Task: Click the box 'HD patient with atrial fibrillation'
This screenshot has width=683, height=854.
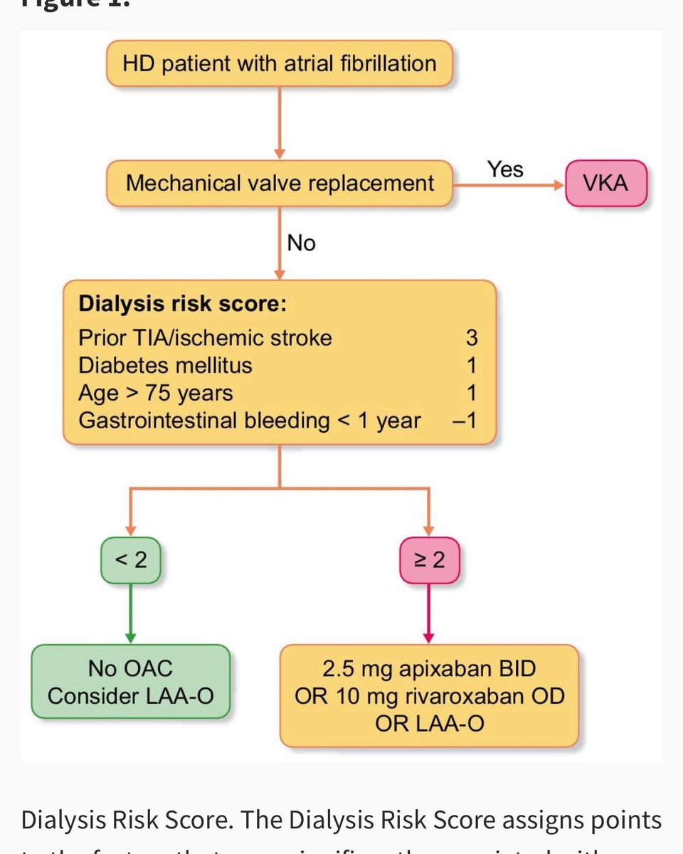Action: (280, 63)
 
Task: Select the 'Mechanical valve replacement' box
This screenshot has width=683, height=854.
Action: (280, 184)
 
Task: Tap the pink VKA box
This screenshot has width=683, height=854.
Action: (607, 184)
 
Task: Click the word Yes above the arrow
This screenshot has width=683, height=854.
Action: (505, 169)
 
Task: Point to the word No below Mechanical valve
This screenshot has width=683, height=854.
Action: (301, 243)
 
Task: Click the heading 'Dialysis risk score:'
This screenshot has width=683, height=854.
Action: (183, 304)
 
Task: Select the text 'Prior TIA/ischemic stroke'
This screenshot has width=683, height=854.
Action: (205, 337)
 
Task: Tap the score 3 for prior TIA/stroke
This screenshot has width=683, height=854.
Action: (471, 337)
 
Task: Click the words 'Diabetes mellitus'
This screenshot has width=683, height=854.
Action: (165, 365)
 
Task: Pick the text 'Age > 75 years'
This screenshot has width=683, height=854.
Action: (156, 393)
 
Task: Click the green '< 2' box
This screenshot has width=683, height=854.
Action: (130, 560)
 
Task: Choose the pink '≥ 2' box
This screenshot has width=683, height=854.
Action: (429, 560)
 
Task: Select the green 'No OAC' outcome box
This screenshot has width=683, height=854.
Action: (130, 681)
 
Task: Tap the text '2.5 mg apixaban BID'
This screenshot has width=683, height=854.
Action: (429, 669)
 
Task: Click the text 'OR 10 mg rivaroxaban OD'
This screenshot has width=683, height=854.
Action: (429, 695)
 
